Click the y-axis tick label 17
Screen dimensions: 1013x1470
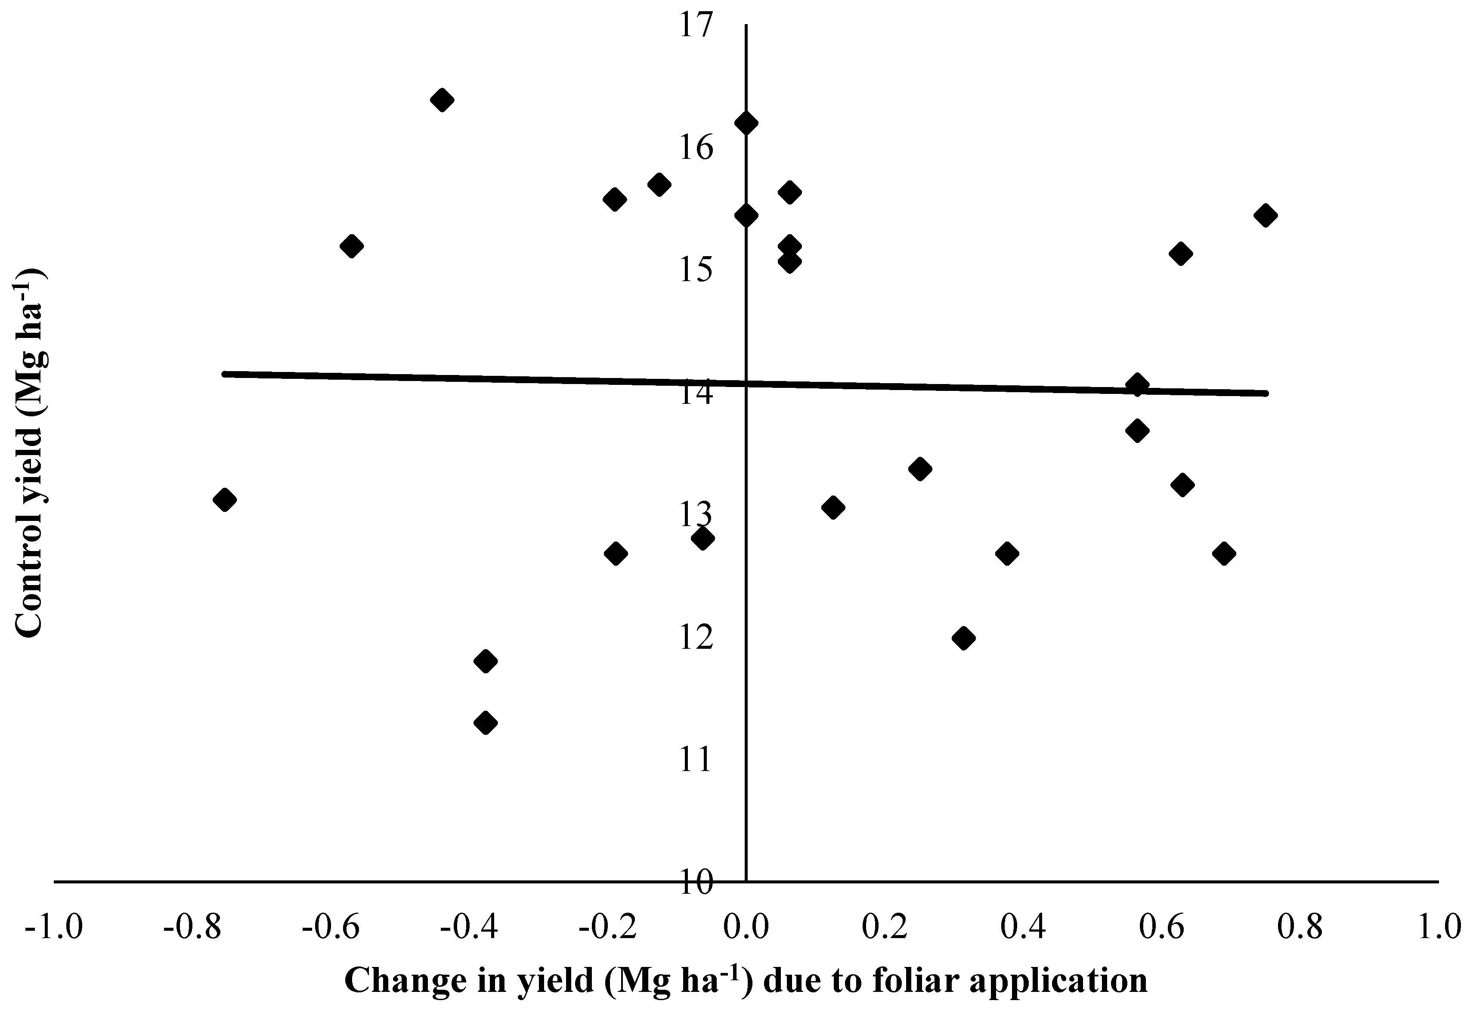(x=696, y=25)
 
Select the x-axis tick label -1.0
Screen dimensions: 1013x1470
(x=53, y=928)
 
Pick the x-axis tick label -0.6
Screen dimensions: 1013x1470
(x=331, y=928)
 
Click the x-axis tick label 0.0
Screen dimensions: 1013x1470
(x=746, y=928)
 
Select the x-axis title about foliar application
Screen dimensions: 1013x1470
(x=746, y=980)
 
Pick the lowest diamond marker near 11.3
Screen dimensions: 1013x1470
(x=486, y=722)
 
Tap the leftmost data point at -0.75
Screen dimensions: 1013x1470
(x=225, y=499)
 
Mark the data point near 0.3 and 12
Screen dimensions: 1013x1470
(x=964, y=638)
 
